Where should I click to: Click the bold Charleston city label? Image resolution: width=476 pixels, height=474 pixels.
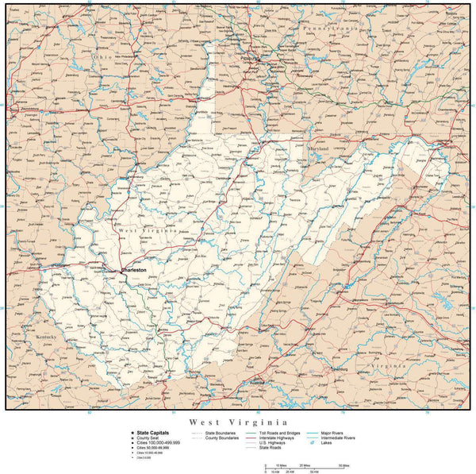point(134,271)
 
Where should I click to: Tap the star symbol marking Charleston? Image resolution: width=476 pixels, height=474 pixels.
point(120,271)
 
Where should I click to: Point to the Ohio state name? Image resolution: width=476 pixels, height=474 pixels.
point(101,57)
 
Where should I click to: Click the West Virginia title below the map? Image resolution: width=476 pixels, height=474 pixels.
point(238,422)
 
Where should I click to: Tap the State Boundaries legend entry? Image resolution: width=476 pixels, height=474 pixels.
point(221,433)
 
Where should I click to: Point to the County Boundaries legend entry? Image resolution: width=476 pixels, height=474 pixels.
point(223,437)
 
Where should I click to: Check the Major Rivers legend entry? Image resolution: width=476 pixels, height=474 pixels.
point(336,433)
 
